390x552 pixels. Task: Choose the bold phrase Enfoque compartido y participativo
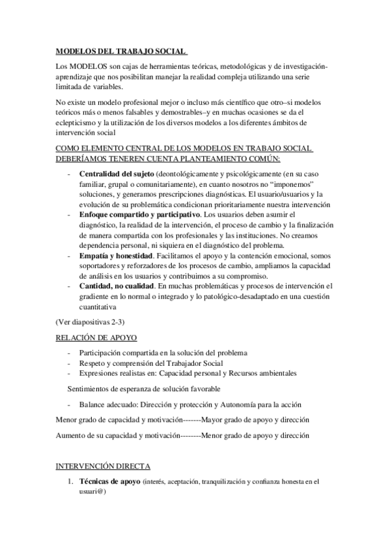click(x=139, y=214)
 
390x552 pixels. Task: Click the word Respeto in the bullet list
click(x=92, y=363)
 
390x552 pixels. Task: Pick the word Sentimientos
click(x=94, y=389)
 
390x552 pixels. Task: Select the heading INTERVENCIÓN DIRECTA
click(x=102, y=466)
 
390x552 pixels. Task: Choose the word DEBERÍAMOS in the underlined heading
click(x=81, y=158)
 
